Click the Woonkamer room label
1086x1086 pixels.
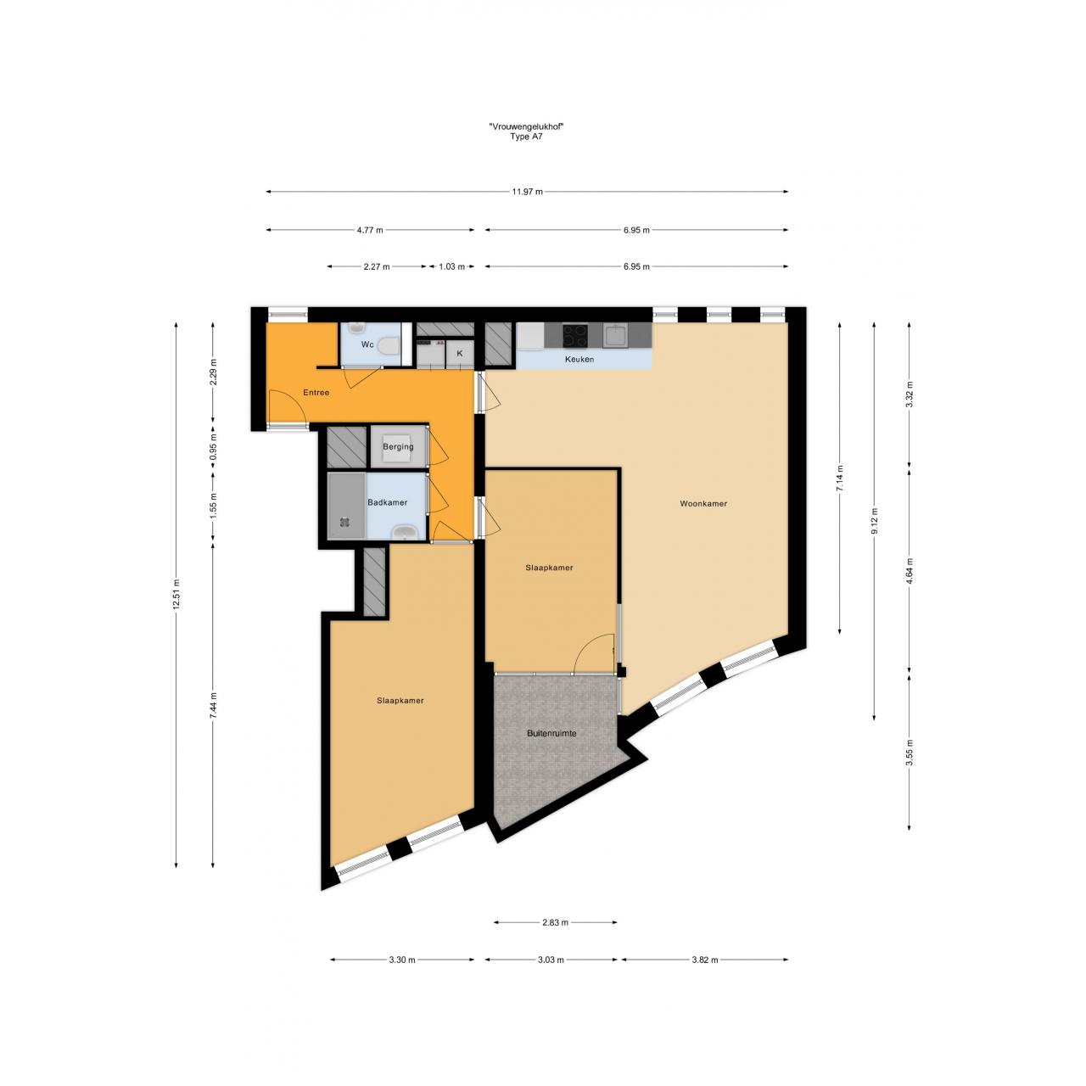[703, 504]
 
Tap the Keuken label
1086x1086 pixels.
[579, 359]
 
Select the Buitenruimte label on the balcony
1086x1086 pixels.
[551, 733]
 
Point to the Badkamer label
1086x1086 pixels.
[387, 502]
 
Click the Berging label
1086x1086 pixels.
[398, 447]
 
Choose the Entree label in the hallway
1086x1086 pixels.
[316, 392]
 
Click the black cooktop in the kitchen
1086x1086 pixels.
[575, 336]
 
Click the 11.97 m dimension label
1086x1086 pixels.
[527, 192]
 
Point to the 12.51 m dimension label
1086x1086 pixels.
[176, 595]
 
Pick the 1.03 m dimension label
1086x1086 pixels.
[451, 266]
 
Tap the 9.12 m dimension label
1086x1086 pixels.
[874, 521]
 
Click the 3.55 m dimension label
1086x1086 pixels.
[909, 753]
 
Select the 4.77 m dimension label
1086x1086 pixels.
[370, 230]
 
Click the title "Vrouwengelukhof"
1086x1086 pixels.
[527, 127]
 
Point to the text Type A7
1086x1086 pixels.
[526, 137]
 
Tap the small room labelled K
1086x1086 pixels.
[459, 353]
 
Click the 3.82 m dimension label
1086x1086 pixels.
[704, 960]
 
